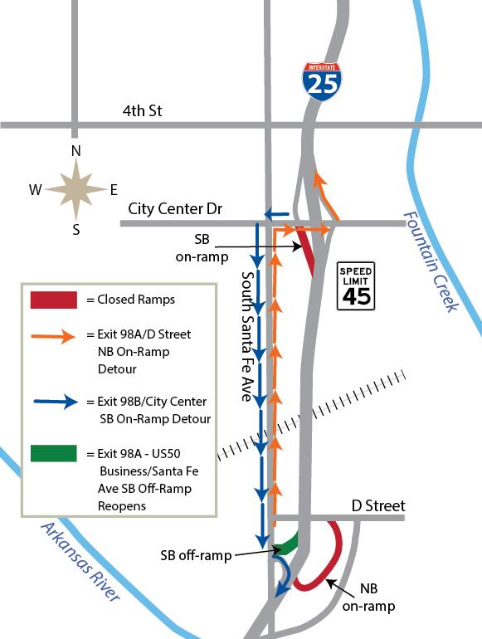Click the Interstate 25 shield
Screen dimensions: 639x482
tap(323, 80)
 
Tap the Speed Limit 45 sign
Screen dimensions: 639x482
tap(355, 287)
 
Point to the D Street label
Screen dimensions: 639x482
tap(378, 505)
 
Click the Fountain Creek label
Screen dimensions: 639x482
tap(431, 261)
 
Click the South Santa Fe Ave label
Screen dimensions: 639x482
tap(246, 335)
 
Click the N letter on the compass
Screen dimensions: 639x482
tap(75, 150)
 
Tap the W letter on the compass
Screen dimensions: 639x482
tap(36, 190)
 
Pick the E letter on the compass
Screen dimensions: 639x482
tap(114, 190)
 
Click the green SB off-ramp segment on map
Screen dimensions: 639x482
tap(286, 544)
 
